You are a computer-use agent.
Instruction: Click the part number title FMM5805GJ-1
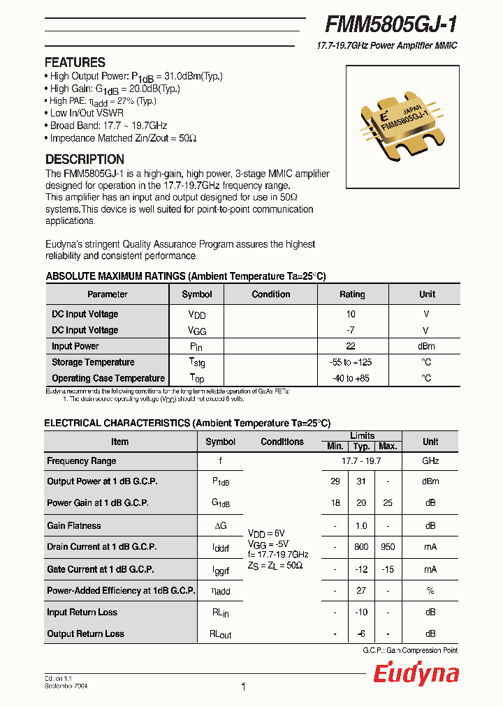point(391,24)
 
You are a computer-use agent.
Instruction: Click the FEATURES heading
point(75,62)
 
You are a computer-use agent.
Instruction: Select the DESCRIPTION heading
point(85,159)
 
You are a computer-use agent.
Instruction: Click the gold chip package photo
point(402,127)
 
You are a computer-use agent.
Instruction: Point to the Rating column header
point(351,294)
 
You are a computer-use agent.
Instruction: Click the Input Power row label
point(75,346)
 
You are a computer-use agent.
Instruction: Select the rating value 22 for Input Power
point(351,346)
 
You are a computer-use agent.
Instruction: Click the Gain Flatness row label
point(73,525)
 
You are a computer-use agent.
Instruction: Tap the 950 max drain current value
point(387,547)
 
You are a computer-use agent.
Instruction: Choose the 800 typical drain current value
point(361,547)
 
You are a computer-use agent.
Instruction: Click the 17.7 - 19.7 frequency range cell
point(361,461)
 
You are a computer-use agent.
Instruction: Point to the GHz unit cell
point(430,461)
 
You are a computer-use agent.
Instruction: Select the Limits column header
point(362,436)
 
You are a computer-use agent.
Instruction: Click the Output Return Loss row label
point(85,633)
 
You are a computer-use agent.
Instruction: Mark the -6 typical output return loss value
point(361,633)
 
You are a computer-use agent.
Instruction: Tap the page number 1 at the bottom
point(243,687)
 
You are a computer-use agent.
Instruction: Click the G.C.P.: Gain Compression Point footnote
point(410,650)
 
